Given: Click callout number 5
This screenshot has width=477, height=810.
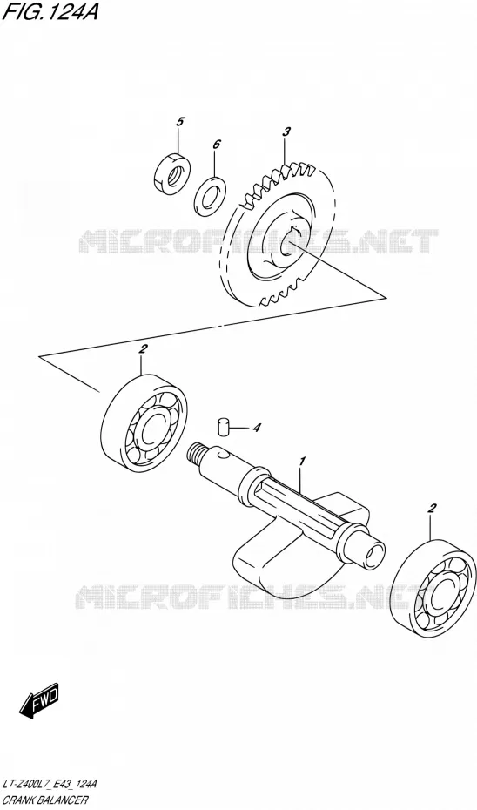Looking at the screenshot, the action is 179,122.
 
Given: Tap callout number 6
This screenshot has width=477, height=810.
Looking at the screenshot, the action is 216,144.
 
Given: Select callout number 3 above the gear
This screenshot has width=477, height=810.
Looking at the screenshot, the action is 286,132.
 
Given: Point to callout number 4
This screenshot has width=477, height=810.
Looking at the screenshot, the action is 257,428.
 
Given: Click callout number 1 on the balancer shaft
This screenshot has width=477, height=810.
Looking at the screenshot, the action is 303,460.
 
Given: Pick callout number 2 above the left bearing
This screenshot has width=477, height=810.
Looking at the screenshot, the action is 143,349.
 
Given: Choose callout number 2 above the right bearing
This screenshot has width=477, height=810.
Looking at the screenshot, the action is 433,509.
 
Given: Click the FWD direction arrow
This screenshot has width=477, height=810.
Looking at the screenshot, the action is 39,700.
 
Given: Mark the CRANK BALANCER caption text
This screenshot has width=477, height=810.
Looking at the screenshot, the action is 45,800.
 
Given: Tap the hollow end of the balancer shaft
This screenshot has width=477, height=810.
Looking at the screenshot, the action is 373,553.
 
